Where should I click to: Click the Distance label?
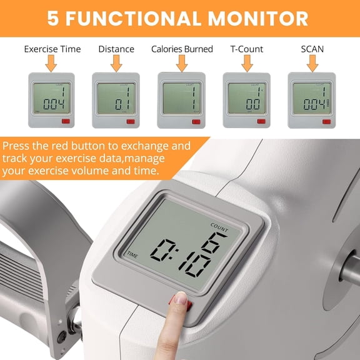116,49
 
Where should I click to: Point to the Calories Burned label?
182,49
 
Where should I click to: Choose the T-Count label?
247,49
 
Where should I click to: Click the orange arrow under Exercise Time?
51,62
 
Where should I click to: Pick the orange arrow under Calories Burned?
182,62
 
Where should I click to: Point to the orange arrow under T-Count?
247,62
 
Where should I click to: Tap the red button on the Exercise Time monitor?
64,122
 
